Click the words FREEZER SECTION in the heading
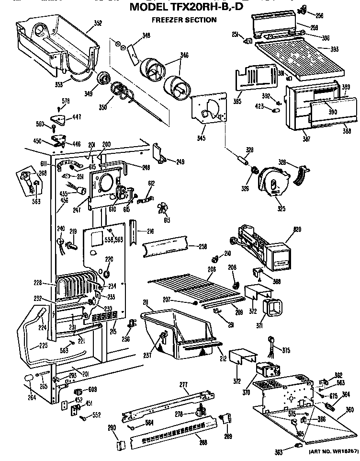click(x=177, y=20)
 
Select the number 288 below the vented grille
click(x=203, y=443)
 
